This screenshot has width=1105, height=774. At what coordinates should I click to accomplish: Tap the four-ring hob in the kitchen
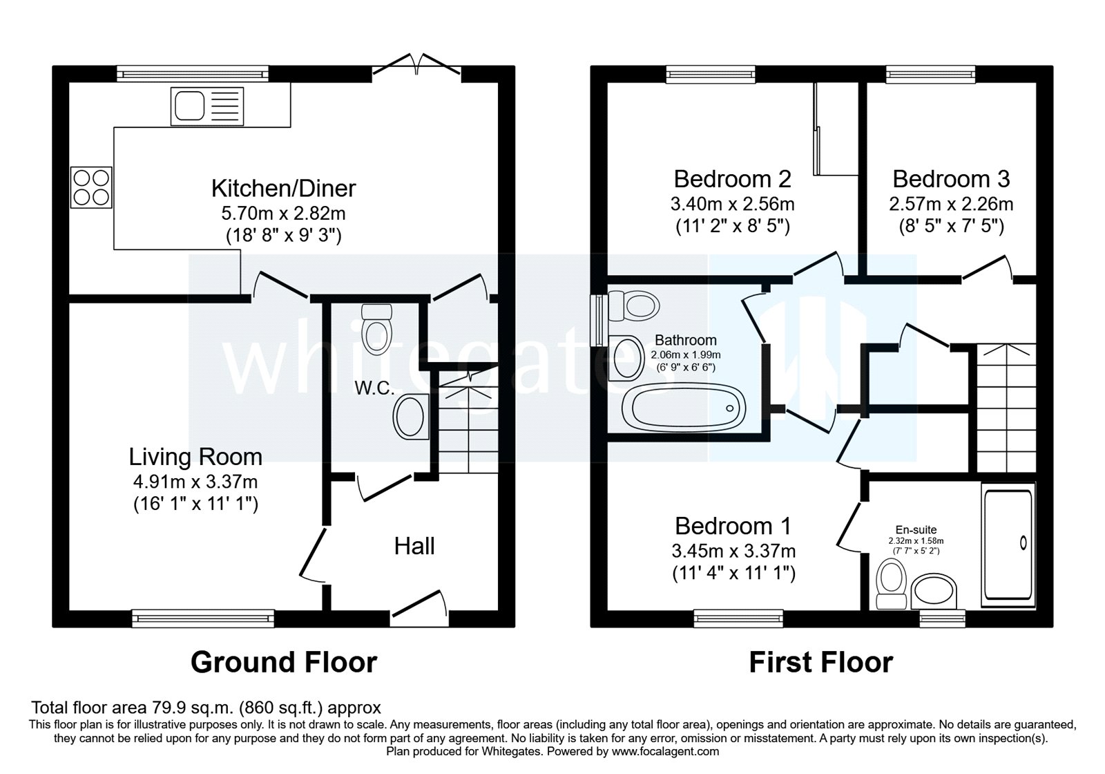click(90, 187)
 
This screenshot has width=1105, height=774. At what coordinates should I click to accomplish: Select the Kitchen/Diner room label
click(283, 188)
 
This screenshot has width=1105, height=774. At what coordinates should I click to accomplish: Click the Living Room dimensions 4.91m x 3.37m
click(195, 481)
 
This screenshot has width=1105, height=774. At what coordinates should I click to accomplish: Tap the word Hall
click(414, 547)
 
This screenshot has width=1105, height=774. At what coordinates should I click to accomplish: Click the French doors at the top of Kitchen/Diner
click(417, 65)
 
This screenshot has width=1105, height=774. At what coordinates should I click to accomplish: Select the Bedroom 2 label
click(732, 179)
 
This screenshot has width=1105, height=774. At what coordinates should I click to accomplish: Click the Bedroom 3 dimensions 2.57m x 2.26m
click(951, 205)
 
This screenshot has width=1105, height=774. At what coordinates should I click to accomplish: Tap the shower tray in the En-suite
click(1008, 545)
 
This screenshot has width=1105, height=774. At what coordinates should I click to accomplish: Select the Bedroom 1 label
click(733, 526)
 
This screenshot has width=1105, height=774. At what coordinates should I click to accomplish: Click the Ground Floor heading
click(284, 662)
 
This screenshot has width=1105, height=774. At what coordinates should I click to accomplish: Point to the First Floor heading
click(820, 662)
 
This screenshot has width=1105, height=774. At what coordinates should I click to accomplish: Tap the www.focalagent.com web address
click(665, 751)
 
